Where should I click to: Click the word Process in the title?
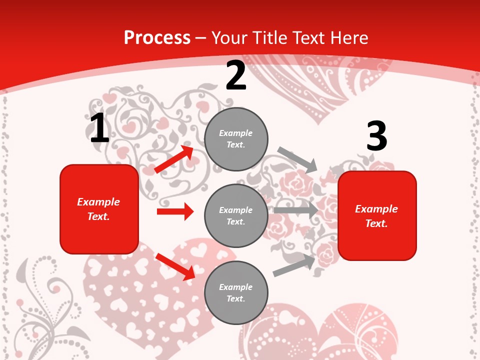coord(157,37)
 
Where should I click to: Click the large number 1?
coord(99,128)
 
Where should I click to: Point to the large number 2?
coord(236,76)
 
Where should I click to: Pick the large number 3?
coord(376,136)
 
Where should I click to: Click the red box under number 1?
coord(99,209)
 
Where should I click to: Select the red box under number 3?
coord(377,215)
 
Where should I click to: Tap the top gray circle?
coord(236,139)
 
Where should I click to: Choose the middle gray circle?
coord(236,215)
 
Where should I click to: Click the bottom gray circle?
coord(236,292)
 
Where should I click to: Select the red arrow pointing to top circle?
coord(174,159)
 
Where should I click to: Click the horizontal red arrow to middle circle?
coord(175,211)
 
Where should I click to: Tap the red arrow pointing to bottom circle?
coord(175,266)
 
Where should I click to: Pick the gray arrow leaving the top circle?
coord(297,159)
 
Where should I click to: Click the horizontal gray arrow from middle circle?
coord(295,210)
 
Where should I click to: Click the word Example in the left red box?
coord(98,202)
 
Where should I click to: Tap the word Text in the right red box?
coord(376,223)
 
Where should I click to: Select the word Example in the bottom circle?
coord(235,287)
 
